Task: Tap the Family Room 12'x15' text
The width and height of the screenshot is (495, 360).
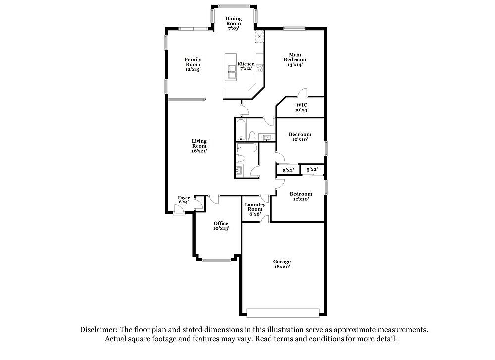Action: (x=193, y=64)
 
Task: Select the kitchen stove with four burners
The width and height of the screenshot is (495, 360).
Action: (x=259, y=68)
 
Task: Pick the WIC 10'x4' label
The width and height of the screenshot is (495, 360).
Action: (x=301, y=107)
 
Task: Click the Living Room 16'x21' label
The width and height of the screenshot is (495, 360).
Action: (x=199, y=146)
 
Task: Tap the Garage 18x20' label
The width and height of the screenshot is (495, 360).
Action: (x=282, y=264)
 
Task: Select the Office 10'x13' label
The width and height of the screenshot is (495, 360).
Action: (x=221, y=226)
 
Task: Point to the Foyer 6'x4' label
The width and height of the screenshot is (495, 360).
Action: (x=184, y=200)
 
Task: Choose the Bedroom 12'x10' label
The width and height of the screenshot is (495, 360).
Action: (x=301, y=196)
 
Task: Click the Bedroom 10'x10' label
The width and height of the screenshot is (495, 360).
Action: (x=300, y=136)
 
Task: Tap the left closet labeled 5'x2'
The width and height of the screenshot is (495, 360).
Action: (x=288, y=170)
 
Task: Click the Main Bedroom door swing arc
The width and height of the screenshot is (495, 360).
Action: (x=302, y=92)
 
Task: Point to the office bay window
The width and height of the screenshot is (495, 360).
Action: (x=217, y=260)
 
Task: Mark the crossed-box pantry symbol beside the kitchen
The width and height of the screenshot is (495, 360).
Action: (x=259, y=36)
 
